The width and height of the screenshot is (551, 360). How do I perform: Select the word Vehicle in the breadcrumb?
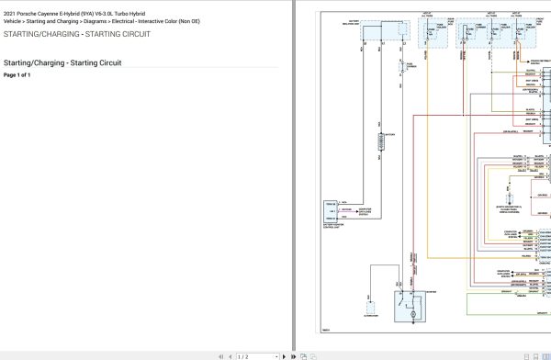[14, 21]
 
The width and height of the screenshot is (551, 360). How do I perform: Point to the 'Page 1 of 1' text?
[17, 74]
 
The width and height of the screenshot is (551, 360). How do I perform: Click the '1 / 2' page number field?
[246, 355]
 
